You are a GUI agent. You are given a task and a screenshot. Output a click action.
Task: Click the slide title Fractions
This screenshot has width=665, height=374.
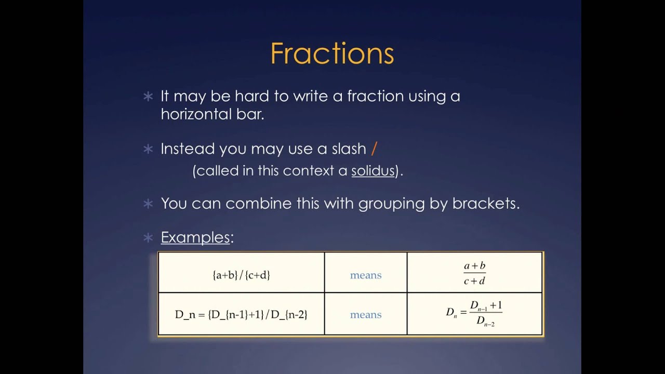pos(332,54)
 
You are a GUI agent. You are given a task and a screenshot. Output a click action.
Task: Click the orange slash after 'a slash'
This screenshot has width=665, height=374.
pos(374,149)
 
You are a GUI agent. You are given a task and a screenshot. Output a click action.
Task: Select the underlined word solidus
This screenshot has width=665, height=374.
pos(373,171)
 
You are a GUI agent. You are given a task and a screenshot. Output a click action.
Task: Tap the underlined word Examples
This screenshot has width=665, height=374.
pos(195,237)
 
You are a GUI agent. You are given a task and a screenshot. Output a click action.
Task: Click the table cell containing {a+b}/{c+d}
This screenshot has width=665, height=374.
pos(241,275)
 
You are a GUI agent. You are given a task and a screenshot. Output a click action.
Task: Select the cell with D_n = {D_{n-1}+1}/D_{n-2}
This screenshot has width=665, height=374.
pos(241,315)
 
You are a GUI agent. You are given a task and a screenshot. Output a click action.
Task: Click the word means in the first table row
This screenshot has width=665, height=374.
pos(366,275)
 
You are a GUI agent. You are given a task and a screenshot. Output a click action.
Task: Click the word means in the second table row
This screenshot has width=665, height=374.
pos(366,315)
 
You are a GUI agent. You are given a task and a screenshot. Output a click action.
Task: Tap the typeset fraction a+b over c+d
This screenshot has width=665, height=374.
pos(474,273)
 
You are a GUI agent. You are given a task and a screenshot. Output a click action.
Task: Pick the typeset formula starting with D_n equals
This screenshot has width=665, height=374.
pos(474,313)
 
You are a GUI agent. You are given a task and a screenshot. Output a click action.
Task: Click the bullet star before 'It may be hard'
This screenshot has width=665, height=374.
pos(148,97)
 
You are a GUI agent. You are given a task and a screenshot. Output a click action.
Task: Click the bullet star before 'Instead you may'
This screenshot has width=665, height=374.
pos(148,150)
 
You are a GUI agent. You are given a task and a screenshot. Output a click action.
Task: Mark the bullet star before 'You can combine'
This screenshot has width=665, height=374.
pos(148,204)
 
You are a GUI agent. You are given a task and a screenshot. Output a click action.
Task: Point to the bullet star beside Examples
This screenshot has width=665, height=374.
pos(148,238)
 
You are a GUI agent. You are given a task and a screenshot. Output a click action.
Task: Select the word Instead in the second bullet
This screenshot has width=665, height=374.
pos(188,149)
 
